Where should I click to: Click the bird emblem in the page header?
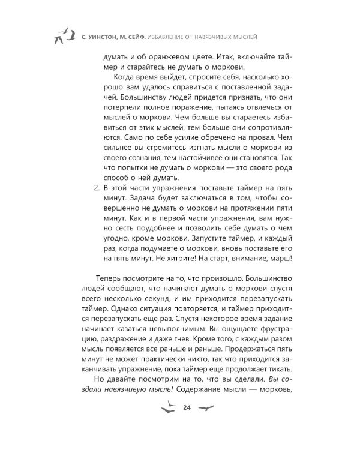62,36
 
